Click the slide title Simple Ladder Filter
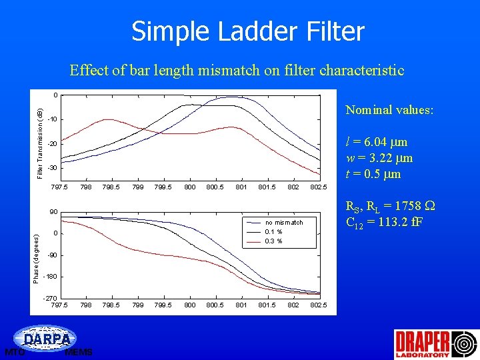click(247, 31)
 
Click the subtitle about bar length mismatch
click(237, 70)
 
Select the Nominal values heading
click(389, 110)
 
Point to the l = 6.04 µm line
click(377, 142)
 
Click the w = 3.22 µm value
click(379, 158)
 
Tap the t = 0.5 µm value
click(373, 174)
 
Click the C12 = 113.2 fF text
click(383, 222)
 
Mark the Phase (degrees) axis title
click(37, 257)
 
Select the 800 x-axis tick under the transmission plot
click(189, 187)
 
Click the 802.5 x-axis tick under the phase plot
click(319, 305)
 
